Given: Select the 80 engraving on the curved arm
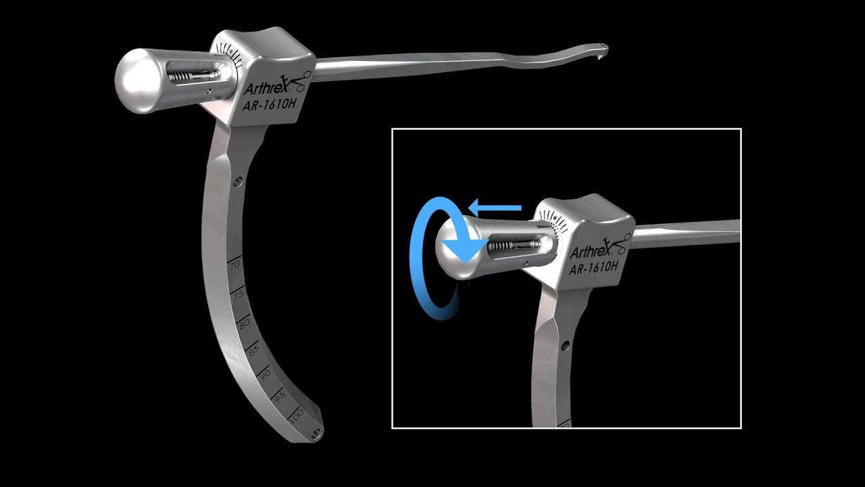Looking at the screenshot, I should click(245, 323).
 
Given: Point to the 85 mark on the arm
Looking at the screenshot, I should click(254, 350).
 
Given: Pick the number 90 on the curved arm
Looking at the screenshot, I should click(266, 374).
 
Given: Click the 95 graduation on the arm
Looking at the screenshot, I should click(280, 398).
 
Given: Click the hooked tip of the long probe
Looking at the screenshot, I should click(601, 49).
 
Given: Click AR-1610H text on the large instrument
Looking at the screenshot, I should click(269, 104).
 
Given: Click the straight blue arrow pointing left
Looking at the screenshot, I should click(496, 206).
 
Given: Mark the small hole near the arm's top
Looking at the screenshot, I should click(238, 181).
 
